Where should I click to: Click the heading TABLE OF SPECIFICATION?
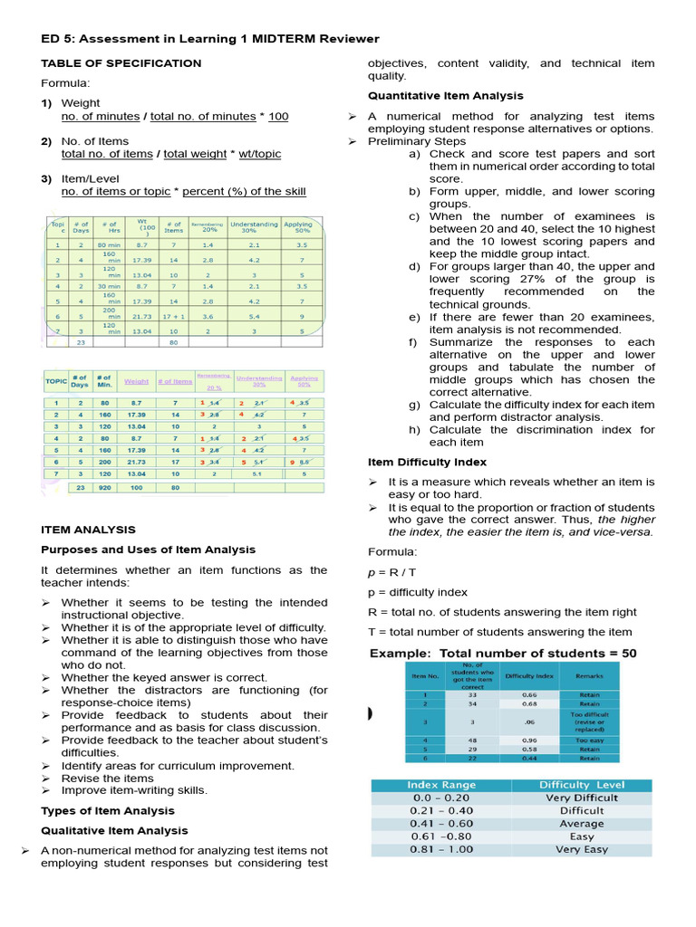coord(121,63)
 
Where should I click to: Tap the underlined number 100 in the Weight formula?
coord(278,116)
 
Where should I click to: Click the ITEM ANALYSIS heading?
coord(89,530)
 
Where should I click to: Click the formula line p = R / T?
coord(393,572)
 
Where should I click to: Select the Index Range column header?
coord(440,785)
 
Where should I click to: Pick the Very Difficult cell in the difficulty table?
coord(581,798)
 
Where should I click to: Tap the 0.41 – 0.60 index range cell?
coord(440,824)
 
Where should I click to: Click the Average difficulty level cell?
coord(581,824)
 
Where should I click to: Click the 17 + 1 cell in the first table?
coord(173,317)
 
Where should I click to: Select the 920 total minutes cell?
coord(105,486)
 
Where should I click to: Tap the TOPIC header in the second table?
coord(55,381)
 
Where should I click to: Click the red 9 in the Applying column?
coord(291,461)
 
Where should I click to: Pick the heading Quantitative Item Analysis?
coord(445,96)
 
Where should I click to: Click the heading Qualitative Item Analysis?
coord(114,830)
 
